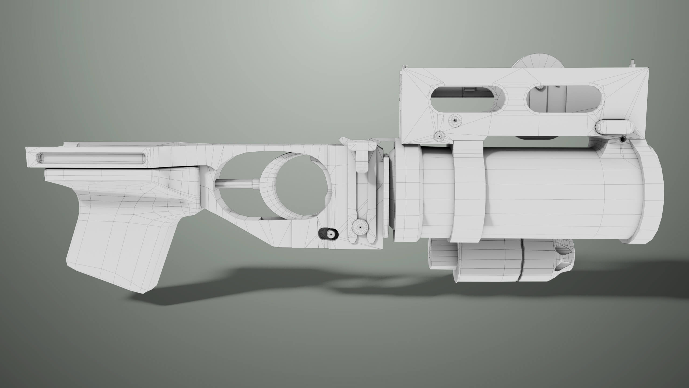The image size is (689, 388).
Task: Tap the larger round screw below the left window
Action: [x=455, y=121]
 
